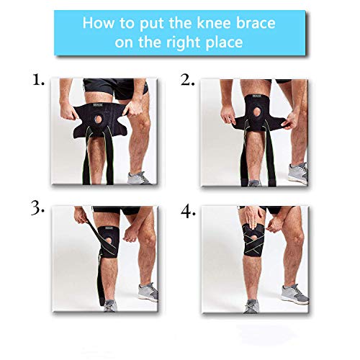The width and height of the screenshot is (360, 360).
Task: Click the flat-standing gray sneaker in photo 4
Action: (294, 293)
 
